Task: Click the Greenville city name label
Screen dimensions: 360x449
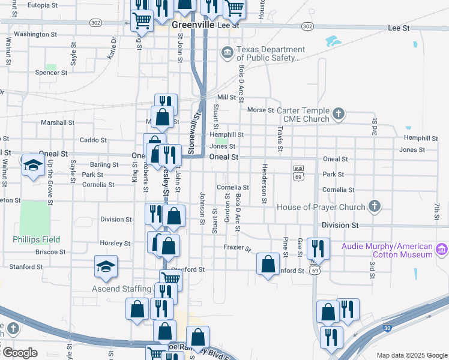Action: click(x=193, y=26)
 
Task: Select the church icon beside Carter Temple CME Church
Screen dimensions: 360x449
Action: click(x=339, y=113)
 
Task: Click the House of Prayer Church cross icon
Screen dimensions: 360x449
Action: click(x=374, y=207)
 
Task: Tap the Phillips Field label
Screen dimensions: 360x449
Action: click(x=37, y=239)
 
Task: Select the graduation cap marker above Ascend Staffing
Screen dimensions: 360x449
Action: click(x=106, y=266)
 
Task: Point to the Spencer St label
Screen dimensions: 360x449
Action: click(x=51, y=73)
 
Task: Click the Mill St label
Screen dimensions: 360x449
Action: click(x=226, y=97)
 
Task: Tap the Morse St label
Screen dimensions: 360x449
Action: click(x=260, y=110)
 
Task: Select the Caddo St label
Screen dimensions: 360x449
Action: click(x=92, y=140)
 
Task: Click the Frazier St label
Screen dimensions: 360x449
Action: click(x=237, y=247)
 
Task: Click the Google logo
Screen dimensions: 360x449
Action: click(x=19, y=353)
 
